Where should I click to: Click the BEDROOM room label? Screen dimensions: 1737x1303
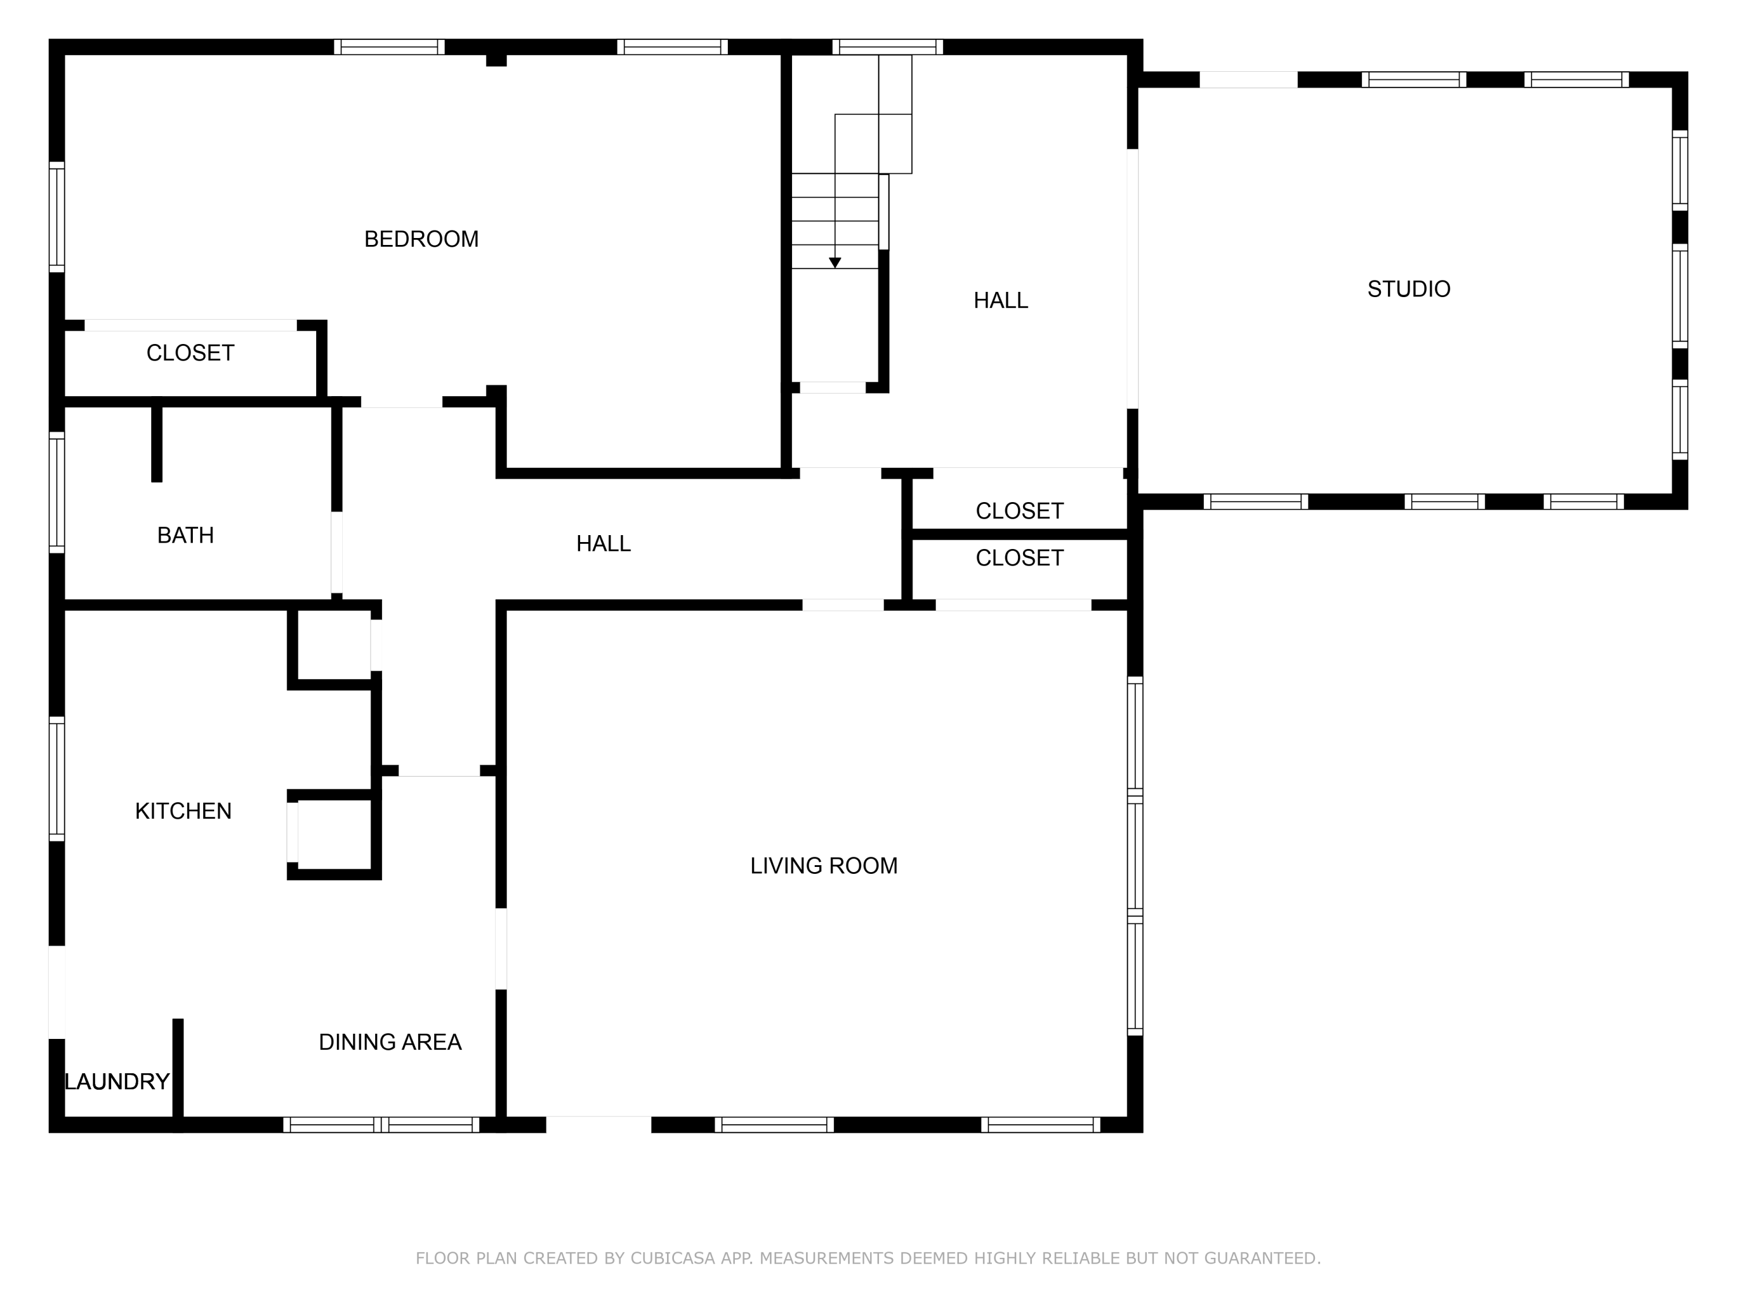tap(421, 239)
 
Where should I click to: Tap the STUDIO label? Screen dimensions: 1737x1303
tap(1409, 289)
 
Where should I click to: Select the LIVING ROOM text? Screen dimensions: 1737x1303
tap(824, 866)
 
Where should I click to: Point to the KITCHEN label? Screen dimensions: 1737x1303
tap(183, 811)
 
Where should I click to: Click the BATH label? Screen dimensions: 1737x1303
tap(185, 535)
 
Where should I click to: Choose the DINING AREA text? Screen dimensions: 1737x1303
tap(390, 1041)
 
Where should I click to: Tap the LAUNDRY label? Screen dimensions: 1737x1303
tap(117, 1082)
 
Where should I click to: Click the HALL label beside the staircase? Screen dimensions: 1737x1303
tap(1001, 300)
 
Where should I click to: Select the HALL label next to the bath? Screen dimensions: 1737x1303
tap(603, 544)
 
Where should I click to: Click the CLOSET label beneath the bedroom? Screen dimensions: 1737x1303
tap(190, 353)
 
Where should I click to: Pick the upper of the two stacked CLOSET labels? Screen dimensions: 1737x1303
tap(1019, 511)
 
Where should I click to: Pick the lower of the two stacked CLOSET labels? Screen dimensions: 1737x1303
tap(1019, 558)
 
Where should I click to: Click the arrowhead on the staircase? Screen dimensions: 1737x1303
tap(835, 263)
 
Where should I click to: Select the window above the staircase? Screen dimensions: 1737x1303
tap(888, 47)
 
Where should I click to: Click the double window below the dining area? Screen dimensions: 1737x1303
tap(381, 1125)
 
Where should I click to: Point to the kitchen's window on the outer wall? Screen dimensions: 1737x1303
tap(57, 778)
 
